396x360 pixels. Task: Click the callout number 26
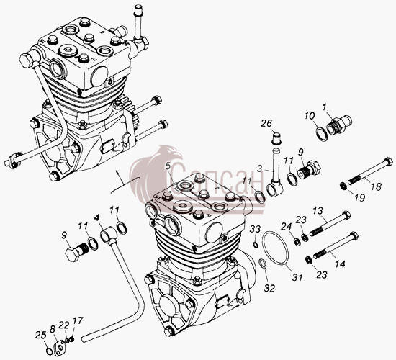[x=266, y=124]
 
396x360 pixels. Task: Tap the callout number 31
[x=297, y=277]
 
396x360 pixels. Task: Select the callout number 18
[x=376, y=187]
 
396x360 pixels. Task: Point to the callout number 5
[x=168, y=166]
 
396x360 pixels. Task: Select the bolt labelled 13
[x=330, y=223]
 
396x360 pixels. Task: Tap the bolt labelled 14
[x=336, y=245]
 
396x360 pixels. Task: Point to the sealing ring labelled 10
[x=322, y=135]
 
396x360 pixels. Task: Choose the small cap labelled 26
[x=276, y=139]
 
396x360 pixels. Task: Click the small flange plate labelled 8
[x=60, y=346]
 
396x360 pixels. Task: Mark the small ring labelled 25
[x=50, y=351]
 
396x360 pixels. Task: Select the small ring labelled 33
[x=256, y=245]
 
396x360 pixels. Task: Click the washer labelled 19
[x=343, y=185]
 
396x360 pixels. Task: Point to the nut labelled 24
[x=297, y=240]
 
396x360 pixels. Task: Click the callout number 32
[x=269, y=288]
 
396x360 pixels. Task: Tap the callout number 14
[x=340, y=264]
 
